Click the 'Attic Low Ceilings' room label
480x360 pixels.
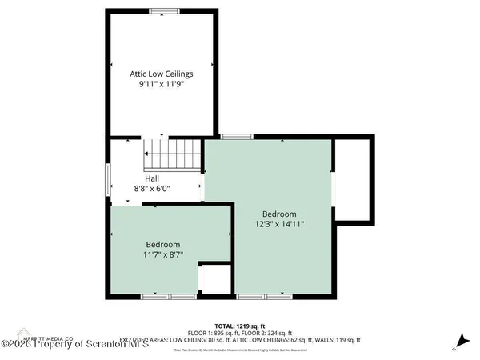(x=162, y=74)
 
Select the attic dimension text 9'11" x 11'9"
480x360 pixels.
(x=162, y=84)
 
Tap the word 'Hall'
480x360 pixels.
(x=152, y=178)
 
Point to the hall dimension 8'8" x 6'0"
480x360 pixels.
(x=152, y=188)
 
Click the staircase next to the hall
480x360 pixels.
(x=170, y=153)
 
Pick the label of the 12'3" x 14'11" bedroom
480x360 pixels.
(x=279, y=214)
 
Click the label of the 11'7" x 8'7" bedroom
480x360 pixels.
(x=162, y=244)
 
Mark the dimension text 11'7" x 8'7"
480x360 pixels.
(x=162, y=254)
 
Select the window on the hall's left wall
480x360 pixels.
(x=108, y=178)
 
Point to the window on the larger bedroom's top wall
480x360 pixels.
(x=232, y=137)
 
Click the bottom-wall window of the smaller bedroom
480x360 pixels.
(x=159, y=297)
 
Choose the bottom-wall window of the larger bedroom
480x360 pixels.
(x=263, y=297)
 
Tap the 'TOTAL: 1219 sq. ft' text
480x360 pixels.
(x=239, y=325)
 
